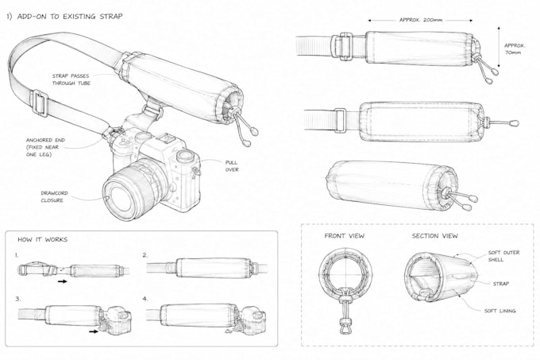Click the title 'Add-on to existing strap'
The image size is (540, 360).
(x=64, y=16)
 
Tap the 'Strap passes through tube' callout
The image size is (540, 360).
(x=71, y=79)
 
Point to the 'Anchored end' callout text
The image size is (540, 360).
(x=45, y=147)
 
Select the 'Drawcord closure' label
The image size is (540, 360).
(x=54, y=196)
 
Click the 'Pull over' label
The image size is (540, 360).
(x=232, y=166)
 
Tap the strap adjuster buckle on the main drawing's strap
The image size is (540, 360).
(x=39, y=103)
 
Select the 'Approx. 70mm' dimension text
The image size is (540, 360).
(x=514, y=49)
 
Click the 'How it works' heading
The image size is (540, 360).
(x=42, y=239)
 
